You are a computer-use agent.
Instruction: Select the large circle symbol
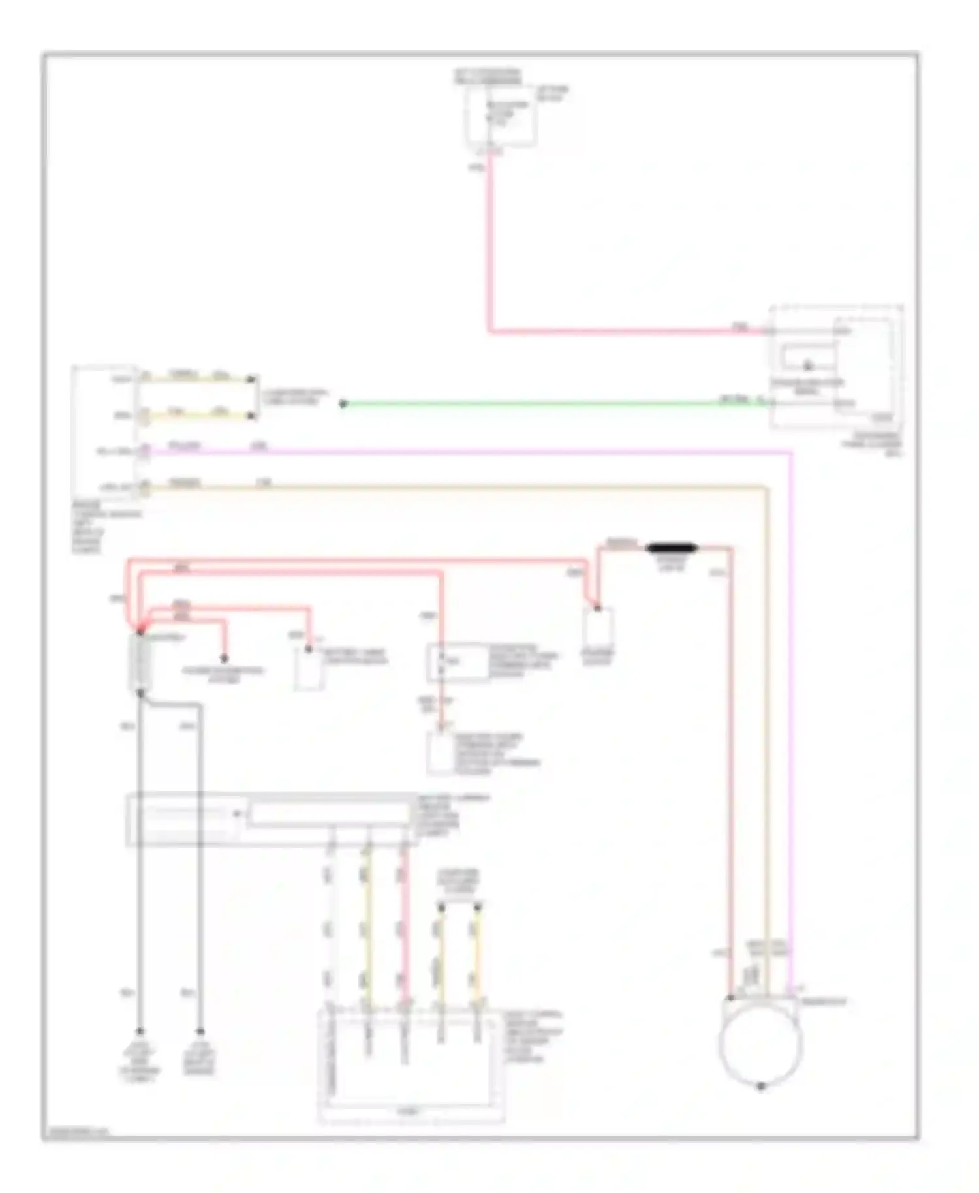click(x=760, y=1042)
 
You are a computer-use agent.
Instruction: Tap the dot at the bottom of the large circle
click(x=760, y=1087)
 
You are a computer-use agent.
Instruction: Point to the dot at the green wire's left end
click(x=343, y=404)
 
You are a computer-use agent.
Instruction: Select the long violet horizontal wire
click(x=457, y=451)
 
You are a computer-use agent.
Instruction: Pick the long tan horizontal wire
click(x=457, y=486)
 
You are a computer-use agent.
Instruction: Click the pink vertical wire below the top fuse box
click(x=489, y=248)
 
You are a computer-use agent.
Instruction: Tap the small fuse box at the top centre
click(x=500, y=115)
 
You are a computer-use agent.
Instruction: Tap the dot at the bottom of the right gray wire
click(x=200, y=1032)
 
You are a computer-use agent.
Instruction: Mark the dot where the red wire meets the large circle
click(x=731, y=998)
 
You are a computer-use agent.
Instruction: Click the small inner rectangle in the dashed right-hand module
click(x=808, y=356)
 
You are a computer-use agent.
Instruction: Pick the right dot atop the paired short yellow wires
click(x=478, y=906)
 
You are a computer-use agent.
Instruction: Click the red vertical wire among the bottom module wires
click(x=405, y=927)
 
